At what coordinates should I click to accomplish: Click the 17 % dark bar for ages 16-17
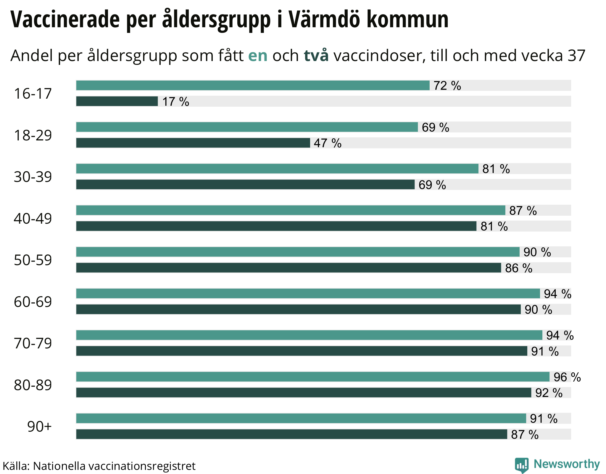117,101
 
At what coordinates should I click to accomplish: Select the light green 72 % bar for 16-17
253,85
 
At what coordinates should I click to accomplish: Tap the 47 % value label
328,143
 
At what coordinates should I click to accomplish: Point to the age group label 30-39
33,177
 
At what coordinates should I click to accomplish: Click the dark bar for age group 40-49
276,226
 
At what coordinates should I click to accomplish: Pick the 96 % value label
567,377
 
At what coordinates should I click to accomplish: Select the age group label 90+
39,427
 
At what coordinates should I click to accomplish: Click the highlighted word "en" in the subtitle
258,55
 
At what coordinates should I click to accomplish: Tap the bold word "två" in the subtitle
316,55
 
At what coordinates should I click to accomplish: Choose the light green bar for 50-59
298,252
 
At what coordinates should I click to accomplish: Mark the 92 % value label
549,393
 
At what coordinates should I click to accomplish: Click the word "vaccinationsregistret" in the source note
142,466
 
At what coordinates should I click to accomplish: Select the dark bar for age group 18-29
193,143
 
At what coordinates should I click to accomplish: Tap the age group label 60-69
33,302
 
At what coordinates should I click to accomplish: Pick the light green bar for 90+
301,418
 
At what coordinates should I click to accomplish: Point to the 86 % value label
519,268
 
